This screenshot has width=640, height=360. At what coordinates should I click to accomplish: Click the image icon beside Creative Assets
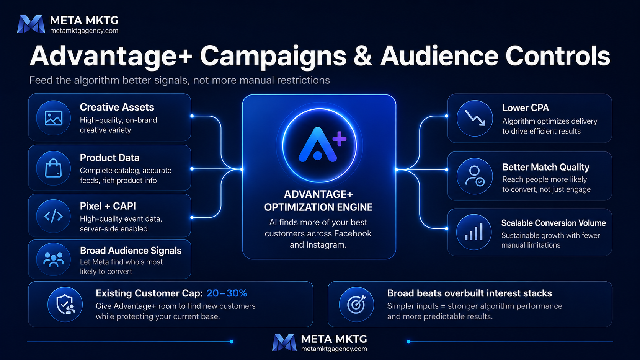pyautogui.click(x=54, y=118)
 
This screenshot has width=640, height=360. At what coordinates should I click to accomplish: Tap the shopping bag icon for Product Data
pyautogui.click(x=54, y=168)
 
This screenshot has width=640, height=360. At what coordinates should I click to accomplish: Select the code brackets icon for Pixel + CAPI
pyautogui.click(x=54, y=216)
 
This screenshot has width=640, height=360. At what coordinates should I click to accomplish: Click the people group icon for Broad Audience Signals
pyautogui.click(x=54, y=259)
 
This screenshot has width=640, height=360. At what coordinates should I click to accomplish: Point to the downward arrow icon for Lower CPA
pyautogui.click(x=475, y=118)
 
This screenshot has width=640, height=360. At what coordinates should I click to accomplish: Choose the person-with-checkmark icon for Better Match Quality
pyautogui.click(x=475, y=176)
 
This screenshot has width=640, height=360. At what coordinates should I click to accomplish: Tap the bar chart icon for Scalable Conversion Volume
pyautogui.click(x=474, y=232)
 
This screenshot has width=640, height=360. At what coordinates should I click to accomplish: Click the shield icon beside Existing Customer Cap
pyautogui.click(x=65, y=304)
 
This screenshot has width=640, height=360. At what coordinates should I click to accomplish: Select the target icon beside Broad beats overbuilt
pyautogui.click(x=356, y=304)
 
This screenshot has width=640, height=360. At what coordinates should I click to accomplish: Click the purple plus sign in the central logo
pyautogui.click(x=340, y=139)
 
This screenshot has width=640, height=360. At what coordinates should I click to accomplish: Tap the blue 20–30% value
pyautogui.click(x=227, y=293)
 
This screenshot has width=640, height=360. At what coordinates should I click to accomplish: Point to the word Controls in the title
pyautogui.click(x=557, y=56)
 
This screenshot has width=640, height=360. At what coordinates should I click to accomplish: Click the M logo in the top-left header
pyautogui.click(x=31, y=24)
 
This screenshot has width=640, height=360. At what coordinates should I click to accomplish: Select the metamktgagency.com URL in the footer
pyautogui.click(x=334, y=349)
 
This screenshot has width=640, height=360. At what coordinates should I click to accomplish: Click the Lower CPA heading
pyautogui.click(x=526, y=108)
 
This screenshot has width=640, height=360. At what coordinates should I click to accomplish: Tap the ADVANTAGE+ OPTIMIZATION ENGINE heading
pyautogui.click(x=318, y=201)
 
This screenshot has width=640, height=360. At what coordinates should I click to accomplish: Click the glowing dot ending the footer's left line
pyautogui.click(x=232, y=341)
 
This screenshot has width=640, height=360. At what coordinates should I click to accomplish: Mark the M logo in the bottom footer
pyautogui.click(x=284, y=342)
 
